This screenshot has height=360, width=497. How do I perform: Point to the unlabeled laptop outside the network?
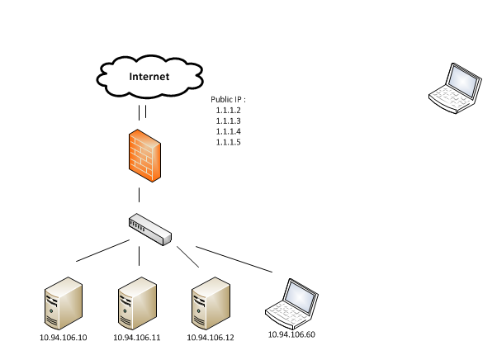(x=455, y=86)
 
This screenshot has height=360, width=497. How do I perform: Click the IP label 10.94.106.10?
(x=63, y=338)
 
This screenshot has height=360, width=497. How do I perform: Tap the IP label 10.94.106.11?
(x=136, y=338)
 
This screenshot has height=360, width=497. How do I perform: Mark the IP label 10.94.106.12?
(x=210, y=338)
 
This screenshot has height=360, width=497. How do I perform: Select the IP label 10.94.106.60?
(x=291, y=334)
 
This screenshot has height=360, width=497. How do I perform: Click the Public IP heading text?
(x=228, y=99)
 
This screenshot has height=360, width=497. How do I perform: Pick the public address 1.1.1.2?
(x=227, y=111)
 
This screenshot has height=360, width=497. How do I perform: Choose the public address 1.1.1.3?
(x=227, y=121)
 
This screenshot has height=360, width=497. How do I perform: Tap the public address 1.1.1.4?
(x=227, y=131)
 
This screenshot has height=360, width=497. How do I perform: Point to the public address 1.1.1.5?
(x=227, y=142)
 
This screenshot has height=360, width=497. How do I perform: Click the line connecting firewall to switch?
(x=139, y=195)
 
